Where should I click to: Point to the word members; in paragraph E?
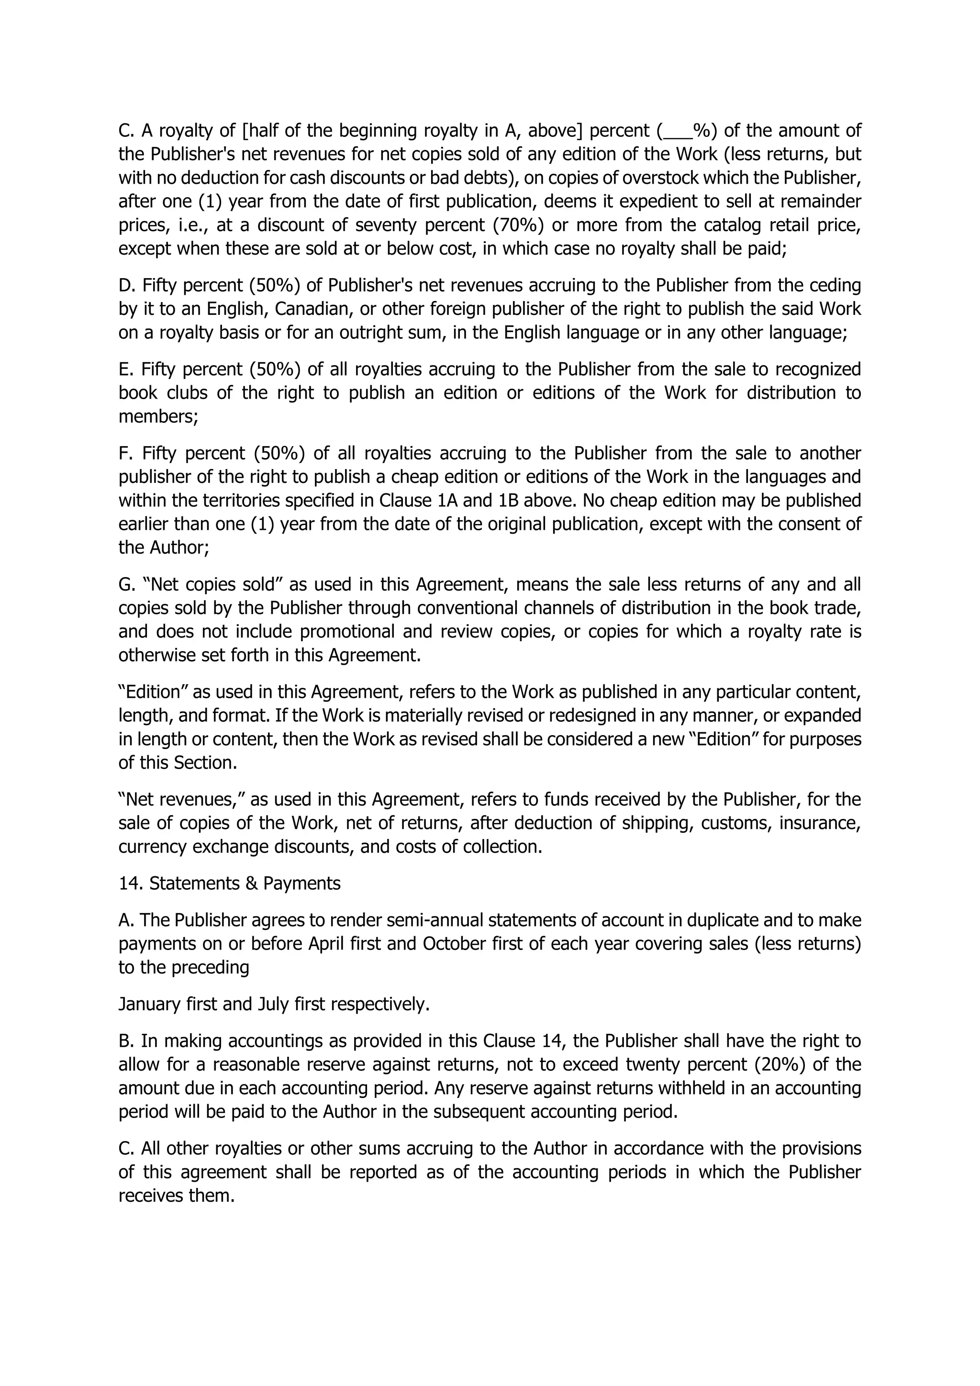[x=158, y=416]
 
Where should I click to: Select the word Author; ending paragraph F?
[x=179, y=548]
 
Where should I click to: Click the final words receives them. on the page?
[x=176, y=1195]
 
